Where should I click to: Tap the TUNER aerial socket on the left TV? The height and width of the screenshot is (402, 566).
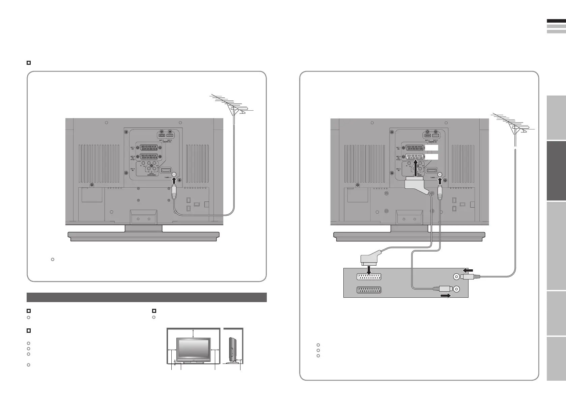(174, 175)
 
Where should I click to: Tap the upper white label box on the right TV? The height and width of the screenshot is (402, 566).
(431, 148)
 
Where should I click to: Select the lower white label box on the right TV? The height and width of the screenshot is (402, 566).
(431, 157)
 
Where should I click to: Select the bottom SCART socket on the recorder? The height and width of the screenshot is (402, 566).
(369, 290)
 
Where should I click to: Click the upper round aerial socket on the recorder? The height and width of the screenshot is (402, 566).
(456, 277)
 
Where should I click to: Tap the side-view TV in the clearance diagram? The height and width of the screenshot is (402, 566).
(232, 350)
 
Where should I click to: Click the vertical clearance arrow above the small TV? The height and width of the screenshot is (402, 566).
(193, 332)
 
